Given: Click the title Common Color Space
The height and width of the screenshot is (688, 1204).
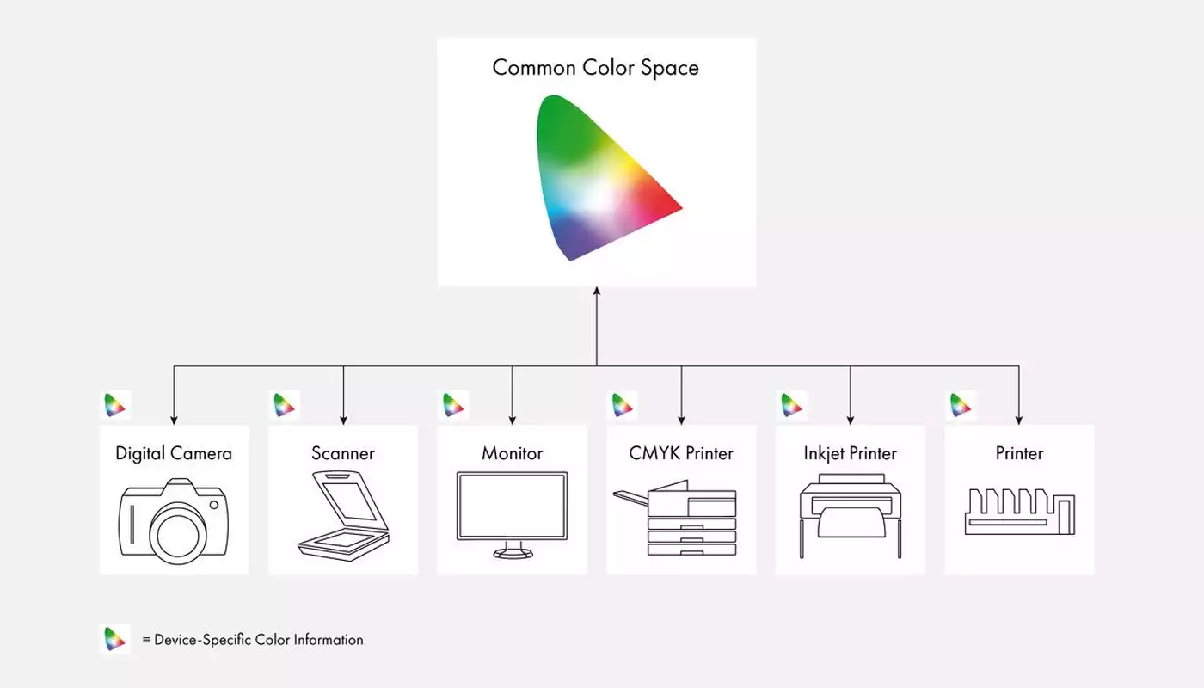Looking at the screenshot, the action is click(x=595, y=68).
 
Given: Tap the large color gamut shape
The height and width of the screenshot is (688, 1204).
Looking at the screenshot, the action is click(x=602, y=177).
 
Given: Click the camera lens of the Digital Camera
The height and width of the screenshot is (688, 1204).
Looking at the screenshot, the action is click(x=177, y=534).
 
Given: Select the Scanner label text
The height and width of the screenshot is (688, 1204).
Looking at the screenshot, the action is click(x=343, y=453).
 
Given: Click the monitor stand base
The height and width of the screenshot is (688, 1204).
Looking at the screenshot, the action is click(x=513, y=553).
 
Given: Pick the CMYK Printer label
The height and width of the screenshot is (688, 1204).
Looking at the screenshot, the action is click(x=681, y=453).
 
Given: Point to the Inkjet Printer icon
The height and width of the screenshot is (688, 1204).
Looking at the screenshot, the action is click(x=851, y=516).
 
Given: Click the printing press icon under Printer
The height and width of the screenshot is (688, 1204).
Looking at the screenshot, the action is click(x=1020, y=512).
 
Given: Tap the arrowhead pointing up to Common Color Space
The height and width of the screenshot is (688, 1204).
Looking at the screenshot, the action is click(x=597, y=291).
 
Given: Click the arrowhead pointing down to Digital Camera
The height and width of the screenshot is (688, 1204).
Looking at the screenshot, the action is click(x=174, y=421).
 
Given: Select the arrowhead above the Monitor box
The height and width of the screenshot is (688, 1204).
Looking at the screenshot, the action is click(x=513, y=421).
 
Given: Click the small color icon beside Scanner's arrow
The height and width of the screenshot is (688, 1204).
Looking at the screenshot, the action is click(x=284, y=405).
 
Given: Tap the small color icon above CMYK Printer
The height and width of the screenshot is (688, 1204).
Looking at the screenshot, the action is click(x=623, y=405).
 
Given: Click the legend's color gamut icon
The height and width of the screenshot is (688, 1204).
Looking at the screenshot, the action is click(x=115, y=639).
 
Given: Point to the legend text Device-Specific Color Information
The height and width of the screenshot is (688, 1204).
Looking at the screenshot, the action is click(x=259, y=640).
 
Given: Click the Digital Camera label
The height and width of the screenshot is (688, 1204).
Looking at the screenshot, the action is click(x=174, y=454).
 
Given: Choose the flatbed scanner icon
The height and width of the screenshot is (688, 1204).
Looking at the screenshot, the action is click(x=343, y=516).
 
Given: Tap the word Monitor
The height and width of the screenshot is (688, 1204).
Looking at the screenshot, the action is click(x=513, y=453).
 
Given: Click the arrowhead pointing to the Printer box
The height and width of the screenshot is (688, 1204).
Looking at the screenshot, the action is click(x=1019, y=421).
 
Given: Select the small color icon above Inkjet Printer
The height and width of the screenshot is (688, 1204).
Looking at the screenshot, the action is click(x=791, y=405).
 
